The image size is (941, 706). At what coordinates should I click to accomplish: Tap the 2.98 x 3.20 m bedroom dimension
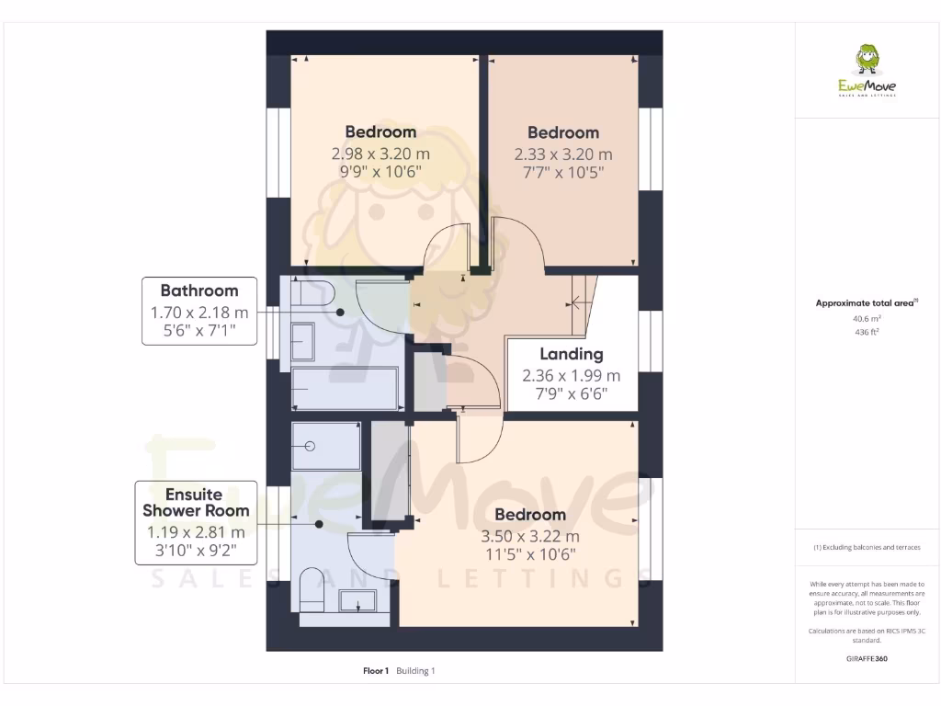(x=380, y=154)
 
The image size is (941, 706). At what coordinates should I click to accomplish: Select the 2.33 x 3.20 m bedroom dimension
(x=562, y=154)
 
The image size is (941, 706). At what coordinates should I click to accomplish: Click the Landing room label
(x=571, y=354)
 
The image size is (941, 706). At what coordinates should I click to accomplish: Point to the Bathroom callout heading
(x=199, y=290)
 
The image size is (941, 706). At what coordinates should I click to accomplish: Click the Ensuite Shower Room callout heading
(x=196, y=502)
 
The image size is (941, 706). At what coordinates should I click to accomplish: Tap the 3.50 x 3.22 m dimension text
(x=530, y=536)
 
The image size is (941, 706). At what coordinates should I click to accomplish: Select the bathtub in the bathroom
(x=345, y=389)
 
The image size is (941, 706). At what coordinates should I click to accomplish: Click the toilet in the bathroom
(x=313, y=293)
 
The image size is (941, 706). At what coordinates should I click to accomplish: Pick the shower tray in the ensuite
(x=326, y=446)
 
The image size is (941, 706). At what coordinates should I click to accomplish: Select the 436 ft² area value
(x=867, y=332)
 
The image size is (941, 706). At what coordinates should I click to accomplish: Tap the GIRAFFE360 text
(x=867, y=659)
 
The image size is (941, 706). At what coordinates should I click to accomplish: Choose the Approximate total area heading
(x=867, y=302)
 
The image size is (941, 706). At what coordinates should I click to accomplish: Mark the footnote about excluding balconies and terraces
(x=867, y=547)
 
